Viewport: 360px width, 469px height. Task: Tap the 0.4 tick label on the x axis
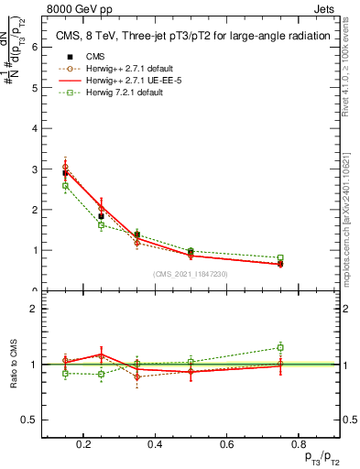[155, 445]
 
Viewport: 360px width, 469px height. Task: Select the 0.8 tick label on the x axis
[297, 445]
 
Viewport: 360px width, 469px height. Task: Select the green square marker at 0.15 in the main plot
[65, 186]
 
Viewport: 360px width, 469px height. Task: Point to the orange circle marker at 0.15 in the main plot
[65, 167]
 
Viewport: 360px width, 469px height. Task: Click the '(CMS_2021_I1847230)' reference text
[191, 274]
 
